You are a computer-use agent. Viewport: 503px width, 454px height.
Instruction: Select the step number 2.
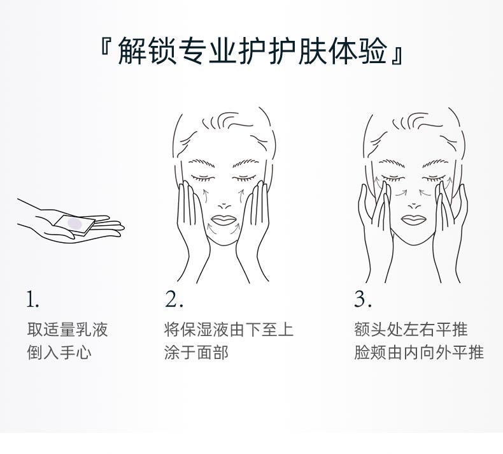click(174, 299)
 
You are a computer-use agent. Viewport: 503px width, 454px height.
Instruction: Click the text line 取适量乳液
click(67, 330)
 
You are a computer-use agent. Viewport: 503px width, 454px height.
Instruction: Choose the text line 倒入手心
click(59, 352)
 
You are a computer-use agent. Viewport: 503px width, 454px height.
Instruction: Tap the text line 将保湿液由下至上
click(229, 330)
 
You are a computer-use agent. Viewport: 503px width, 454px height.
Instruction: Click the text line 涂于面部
click(196, 352)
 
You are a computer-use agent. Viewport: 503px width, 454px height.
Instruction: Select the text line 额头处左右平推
click(411, 330)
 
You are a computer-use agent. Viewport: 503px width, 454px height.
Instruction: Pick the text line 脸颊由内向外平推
click(419, 352)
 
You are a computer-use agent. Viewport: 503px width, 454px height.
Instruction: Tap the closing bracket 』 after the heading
click(397, 52)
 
